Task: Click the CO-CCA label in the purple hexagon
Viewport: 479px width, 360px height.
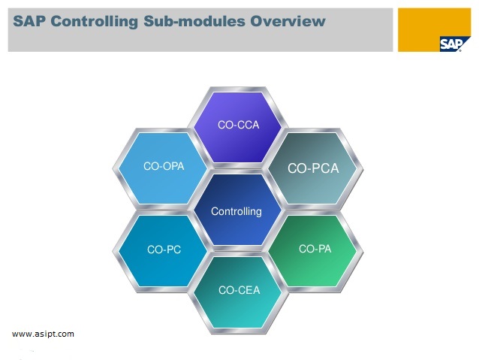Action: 238,125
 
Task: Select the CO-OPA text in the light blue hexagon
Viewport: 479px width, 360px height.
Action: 164,165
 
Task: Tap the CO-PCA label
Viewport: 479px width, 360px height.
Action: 313,168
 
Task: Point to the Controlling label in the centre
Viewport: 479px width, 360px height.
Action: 236,211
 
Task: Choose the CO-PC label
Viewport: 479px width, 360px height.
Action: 164,250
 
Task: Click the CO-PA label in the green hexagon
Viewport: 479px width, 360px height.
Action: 315,249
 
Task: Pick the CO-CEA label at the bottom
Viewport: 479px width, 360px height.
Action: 239,289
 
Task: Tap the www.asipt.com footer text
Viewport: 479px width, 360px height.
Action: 44,334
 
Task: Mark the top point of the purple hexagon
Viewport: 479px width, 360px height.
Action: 238,86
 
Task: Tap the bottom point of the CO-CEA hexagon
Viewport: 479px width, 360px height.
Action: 239,331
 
